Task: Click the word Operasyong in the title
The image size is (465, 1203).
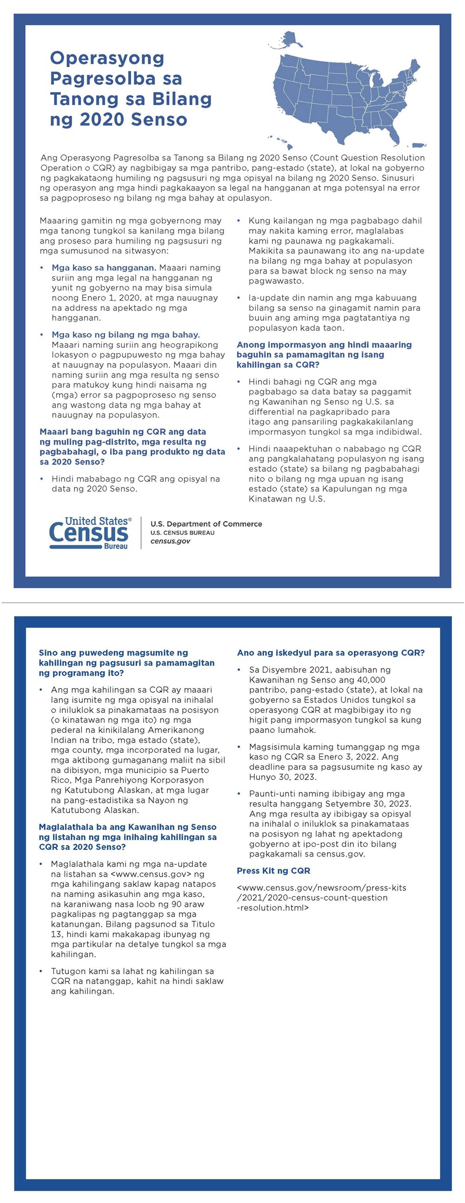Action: [107, 58]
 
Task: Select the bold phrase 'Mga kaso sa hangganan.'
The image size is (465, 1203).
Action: [104, 267]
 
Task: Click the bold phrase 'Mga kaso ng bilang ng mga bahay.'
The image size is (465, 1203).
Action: [126, 334]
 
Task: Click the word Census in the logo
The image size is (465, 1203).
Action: [89, 533]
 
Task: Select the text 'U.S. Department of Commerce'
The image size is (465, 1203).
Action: [206, 524]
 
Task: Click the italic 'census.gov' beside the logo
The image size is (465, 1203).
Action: [170, 541]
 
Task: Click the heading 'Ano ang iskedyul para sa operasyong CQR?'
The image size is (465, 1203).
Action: [331, 652]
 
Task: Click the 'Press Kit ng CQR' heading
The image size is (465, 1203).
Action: [273, 871]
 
